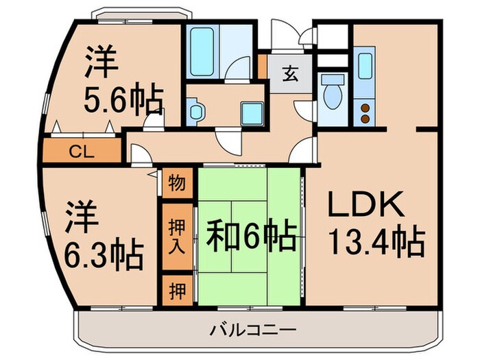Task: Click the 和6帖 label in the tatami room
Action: pyautogui.click(x=252, y=237)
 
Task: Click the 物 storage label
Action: pyautogui.click(x=176, y=183)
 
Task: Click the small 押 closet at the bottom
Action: pyautogui.click(x=176, y=289)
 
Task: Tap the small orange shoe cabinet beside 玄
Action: pyautogui.click(x=263, y=66)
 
